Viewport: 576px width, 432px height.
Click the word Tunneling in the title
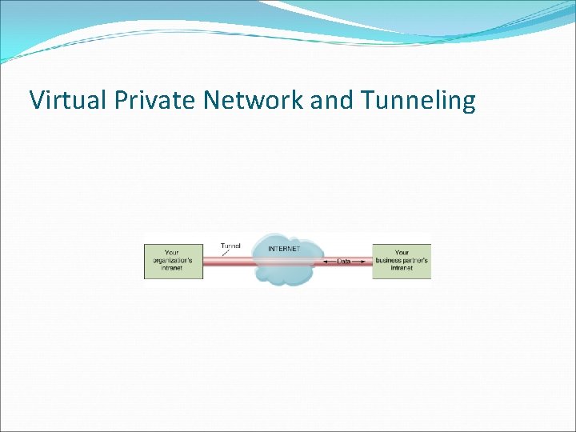(418, 101)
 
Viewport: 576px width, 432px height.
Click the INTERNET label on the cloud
(284, 249)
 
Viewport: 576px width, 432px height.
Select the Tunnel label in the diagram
(230, 245)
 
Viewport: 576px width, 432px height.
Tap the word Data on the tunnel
(344, 262)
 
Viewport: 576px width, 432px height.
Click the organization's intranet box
(173, 261)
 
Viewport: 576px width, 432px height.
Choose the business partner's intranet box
(402, 261)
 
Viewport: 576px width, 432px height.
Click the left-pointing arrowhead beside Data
(326, 262)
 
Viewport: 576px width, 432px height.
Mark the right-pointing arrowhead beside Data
(365, 262)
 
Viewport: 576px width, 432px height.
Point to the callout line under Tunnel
(226, 251)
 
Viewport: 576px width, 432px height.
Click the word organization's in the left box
(172, 261)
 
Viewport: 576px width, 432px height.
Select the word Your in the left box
(172, 253)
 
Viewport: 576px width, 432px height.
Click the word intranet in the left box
(172, 269)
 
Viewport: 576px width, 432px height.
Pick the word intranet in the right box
(402, 269)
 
